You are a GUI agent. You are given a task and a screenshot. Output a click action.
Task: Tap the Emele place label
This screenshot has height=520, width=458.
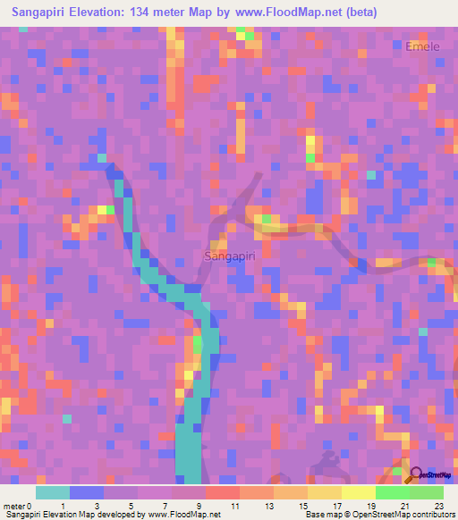422,46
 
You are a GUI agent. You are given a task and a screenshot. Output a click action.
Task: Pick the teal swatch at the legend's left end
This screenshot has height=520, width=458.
53,492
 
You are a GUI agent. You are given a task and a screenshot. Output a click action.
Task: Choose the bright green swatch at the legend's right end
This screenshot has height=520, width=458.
427,492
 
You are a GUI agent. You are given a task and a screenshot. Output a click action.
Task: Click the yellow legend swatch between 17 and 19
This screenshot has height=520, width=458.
359,492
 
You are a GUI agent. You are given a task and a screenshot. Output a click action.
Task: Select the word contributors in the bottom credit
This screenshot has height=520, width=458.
430,516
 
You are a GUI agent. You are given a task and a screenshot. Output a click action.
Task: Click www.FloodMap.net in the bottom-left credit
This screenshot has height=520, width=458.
183,516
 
